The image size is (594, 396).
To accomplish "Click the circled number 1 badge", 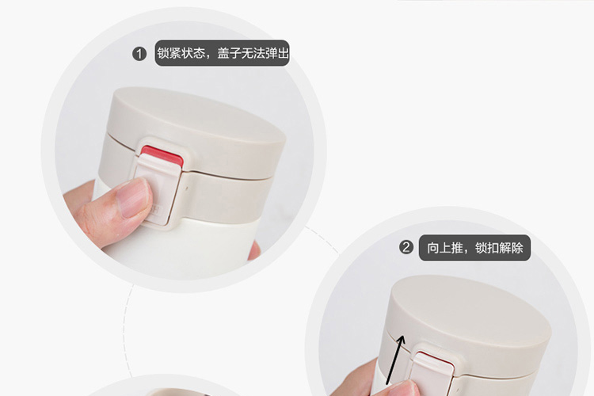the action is (x=139, y=54).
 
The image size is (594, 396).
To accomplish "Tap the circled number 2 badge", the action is (x=406, y=247).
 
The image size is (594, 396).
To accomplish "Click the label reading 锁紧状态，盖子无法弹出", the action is (x=222, y=53).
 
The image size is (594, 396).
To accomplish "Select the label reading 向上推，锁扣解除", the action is (x=474, y=248).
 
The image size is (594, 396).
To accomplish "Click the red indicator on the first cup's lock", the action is (x=162, y=156).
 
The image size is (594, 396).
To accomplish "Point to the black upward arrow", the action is (x=395, y=360).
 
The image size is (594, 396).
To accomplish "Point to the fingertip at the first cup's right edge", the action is (x=254, y=251).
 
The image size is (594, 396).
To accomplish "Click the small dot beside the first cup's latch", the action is (x=186, y=188).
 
